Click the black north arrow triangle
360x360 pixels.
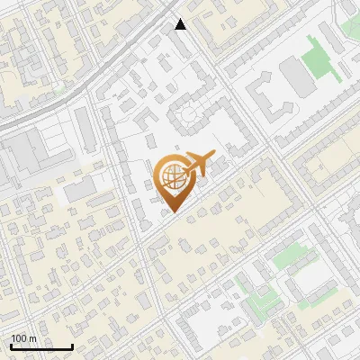pyautogui.click(x=181, y=24)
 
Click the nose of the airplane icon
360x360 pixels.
pyautogui.click(x=213, y=154)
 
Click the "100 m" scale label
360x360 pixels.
pyautogui.click(x=23, y=338)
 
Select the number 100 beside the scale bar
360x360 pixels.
pyautogui.click(x=19, y=338)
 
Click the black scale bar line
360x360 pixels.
pyautogui.click(x=40, y=346)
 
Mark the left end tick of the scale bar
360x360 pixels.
pyautogui.click(x=11, y=346)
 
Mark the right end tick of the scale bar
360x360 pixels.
pyautogui.click(x=71, y=346)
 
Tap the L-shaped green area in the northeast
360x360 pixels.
pyautogui.click(x=319, y=58)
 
